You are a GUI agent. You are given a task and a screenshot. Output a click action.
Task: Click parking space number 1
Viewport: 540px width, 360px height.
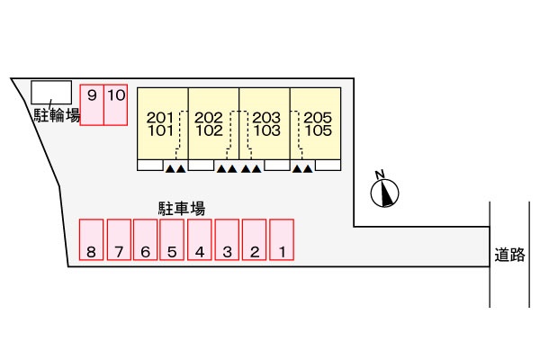point(282,239)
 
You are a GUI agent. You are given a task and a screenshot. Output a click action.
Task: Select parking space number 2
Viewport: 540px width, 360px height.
point(254,239)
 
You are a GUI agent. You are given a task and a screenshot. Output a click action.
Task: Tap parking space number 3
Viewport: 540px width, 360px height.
point(227,239)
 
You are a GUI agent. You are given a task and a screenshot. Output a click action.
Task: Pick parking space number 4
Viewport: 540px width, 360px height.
point(200,239)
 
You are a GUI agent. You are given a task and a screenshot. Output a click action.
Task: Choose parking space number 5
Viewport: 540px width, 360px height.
point(172,239)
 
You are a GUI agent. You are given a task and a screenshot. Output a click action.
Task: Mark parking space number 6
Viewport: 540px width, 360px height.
point(145,239)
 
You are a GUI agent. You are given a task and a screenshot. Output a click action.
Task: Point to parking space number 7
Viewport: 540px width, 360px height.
point(119,239)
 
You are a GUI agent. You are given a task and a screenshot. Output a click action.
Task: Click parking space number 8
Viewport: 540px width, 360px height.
point(91,239)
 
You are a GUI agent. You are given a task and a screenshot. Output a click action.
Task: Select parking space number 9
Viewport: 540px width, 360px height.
point(92,104)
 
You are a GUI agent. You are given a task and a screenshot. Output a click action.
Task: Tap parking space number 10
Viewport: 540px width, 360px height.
point(116,104)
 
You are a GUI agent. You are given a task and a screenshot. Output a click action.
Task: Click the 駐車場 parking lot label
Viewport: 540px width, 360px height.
point(182,209)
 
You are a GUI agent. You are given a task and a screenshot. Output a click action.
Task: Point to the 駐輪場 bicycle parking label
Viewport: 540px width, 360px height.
point(57,115)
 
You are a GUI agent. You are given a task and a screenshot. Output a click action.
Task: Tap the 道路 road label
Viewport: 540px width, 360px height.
point(509,255)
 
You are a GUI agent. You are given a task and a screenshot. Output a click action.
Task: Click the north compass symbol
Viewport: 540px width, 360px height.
point(384,193)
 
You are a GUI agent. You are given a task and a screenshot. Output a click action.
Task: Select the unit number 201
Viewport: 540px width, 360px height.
point(160,118)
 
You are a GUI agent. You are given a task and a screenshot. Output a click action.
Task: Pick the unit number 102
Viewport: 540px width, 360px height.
point(209,130)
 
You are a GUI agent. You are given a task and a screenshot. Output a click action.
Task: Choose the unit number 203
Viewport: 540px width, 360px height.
point(266,118)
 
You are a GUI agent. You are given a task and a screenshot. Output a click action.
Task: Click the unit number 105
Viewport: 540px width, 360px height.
point(319,130)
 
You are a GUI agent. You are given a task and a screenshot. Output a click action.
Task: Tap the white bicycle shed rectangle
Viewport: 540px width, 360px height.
point(51,93)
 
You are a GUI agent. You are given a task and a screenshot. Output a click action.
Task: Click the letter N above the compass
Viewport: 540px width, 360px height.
point(380,175)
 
